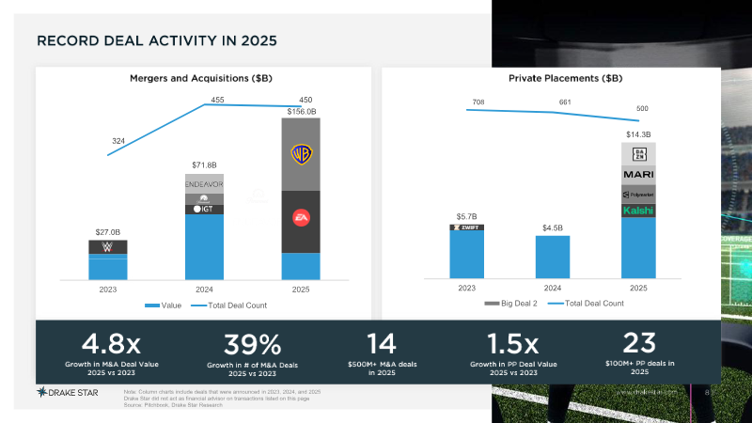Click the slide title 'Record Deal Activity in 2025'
[156, 42]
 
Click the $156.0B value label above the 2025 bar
[302, 111]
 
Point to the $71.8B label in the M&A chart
[204, 165]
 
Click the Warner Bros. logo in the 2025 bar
[301, 154]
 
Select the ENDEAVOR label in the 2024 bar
[204, 185]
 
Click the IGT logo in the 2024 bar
[204, 209]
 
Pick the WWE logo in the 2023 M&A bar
[108, 247]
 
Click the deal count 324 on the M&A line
[118, 141]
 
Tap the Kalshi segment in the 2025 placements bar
[638, 211]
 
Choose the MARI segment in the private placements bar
[638, 174]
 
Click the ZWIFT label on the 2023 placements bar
[467, 227]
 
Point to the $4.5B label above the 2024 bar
[553, 227]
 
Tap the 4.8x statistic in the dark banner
[110, 342]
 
